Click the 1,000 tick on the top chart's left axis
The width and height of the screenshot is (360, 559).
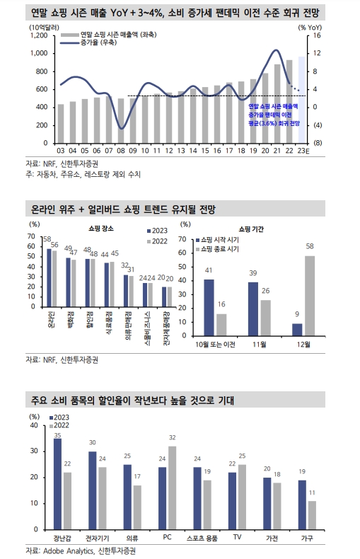coord(37,53)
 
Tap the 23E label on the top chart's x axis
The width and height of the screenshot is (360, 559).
coord(302,151)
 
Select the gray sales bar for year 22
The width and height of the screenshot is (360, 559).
coord(289,101)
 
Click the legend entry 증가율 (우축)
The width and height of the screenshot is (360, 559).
coord(100,43)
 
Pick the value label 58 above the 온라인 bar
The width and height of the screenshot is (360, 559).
coord(47,240)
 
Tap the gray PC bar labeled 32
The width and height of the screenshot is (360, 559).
coord(172,488)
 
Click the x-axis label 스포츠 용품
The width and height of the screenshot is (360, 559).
coord(202,537)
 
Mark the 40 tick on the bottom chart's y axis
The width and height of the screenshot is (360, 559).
coord(34,426)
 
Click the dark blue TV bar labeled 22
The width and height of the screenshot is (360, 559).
coord(232,500)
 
